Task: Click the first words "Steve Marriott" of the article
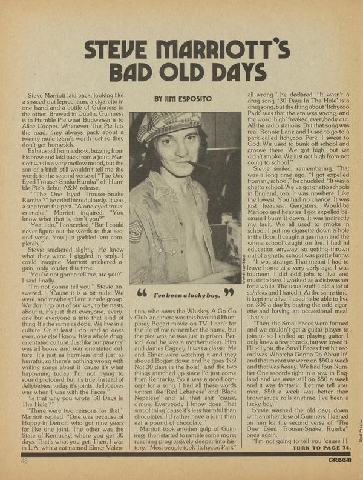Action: (x=54, y=96)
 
